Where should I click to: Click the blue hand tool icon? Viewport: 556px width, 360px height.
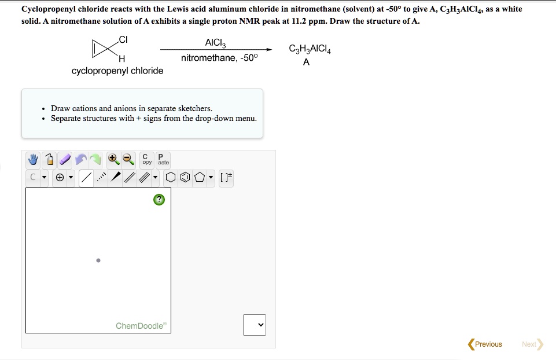[x=33, y=160]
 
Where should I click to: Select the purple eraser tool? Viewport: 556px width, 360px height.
[x=65, y=160]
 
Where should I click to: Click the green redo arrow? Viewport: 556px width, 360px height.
[x=95, y=160]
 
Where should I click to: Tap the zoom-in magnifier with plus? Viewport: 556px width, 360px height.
[x=113, y=159]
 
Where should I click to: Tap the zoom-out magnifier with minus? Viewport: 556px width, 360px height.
[x=128, y=159]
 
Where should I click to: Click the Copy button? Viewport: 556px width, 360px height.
[x=147, y=159]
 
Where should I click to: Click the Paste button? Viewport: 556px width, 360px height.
[x=163, y=159]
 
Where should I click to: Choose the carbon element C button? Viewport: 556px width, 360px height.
[x=33, y=177]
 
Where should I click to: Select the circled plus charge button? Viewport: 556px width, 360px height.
[x=60, y=177]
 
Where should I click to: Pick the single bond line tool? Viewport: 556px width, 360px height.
[x=86, y=177]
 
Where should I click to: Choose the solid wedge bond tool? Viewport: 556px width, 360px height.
[x=116, y=177]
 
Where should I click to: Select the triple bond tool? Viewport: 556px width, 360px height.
[x=144, y=177]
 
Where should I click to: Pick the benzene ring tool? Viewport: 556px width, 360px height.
[x=185, y=177]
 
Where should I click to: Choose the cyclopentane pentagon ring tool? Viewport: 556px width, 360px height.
[x=200, y=177]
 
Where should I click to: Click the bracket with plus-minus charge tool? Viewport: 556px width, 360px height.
[x=226, y=177]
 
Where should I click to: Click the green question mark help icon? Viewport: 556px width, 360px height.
[x=159, y=200]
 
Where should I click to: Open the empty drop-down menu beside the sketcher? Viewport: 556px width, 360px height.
[x=255, y=325]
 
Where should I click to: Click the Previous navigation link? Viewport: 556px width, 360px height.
[x=485, y=344]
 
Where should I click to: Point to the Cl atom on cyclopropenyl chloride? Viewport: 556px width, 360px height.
[x=123, y=39]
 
